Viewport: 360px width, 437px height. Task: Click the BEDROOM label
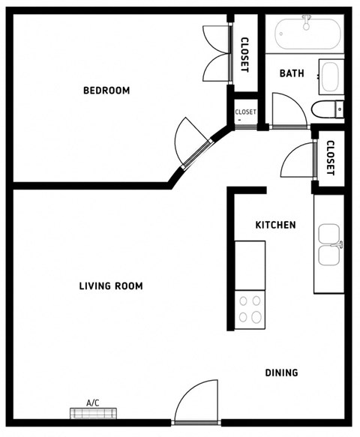106,91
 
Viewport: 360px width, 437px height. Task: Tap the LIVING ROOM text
111,286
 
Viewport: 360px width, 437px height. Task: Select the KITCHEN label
275,225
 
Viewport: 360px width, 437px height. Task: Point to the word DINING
281,373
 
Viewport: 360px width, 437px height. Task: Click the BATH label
291,73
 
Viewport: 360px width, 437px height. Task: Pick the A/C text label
93,403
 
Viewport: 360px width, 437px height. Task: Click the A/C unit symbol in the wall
94,413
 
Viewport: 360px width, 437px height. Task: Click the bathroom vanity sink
330,76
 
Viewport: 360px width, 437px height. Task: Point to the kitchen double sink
329,245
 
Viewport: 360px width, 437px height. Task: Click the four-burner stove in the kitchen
250,309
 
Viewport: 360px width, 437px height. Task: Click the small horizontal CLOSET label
245,112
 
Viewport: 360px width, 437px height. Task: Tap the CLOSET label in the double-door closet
244,55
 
